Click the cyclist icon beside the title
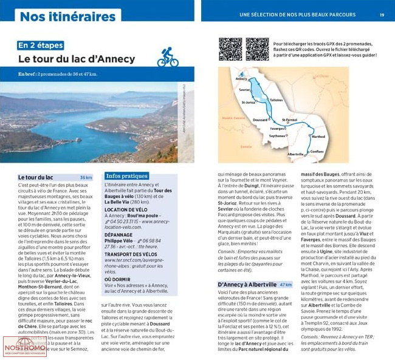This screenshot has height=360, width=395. coord(167,57)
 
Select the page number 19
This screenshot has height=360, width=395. coord(382,15)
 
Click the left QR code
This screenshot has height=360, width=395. coord(231,49)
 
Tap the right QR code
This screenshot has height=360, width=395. coord(257,49)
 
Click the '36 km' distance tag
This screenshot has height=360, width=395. coord(86,177)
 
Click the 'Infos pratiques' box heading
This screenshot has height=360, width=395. coord(126,176)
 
